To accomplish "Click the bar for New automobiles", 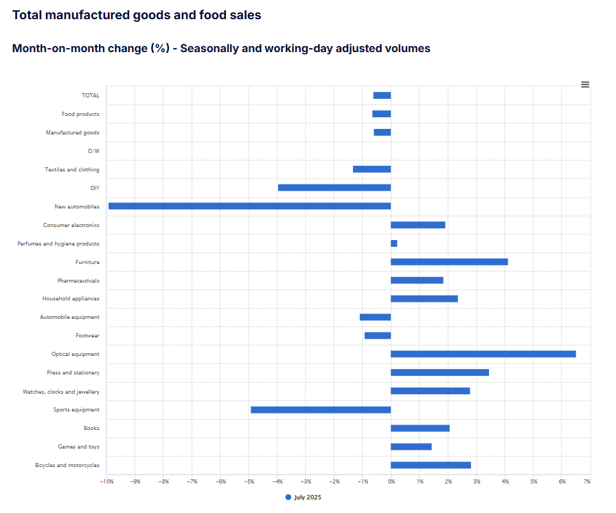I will [x=249, y=206].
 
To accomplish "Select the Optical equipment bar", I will [x=483, y=354].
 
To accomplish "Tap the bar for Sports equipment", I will [x=321, y=409].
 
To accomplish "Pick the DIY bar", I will [x=334, y=187].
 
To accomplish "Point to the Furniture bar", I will [x=449, y=262].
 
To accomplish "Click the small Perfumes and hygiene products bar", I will [x=394, y=243].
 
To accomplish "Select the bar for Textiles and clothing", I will [x=372, y=169].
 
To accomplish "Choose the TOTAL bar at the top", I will [x=382, y=95].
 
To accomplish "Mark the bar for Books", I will [x=420, y=428].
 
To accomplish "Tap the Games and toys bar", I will [x=411, y=446].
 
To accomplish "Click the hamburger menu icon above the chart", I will [x=585, y=84].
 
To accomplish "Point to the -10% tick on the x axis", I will [x=106, y=482].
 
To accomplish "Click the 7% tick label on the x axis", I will [x=586, y=482].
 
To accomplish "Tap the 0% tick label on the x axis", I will [x=391, y=482].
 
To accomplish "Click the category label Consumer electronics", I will [x=71, y=225].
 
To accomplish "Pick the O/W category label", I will [x=93, y=151].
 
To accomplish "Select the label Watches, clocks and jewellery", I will [x=61, y=392].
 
